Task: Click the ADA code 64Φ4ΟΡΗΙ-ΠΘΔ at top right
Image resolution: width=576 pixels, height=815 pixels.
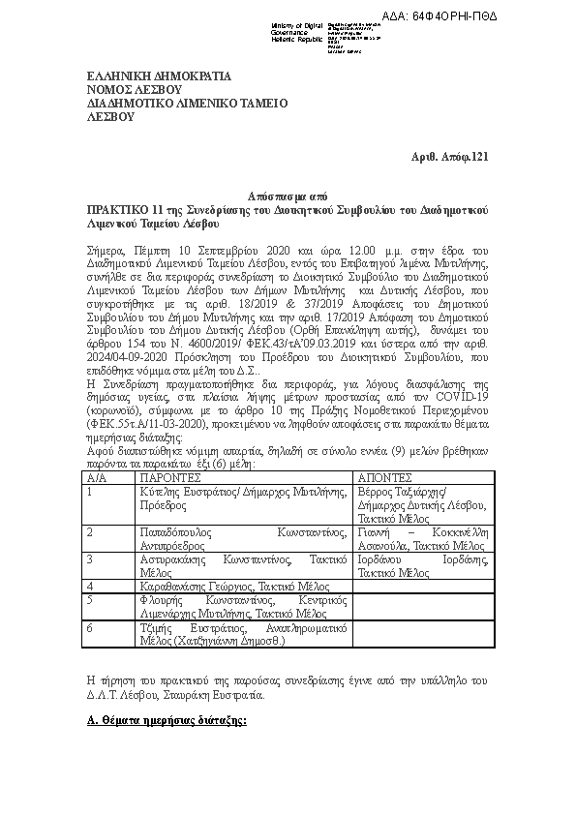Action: (x=514, y=17)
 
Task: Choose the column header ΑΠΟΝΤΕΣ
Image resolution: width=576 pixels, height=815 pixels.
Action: (x=386, y=477)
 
